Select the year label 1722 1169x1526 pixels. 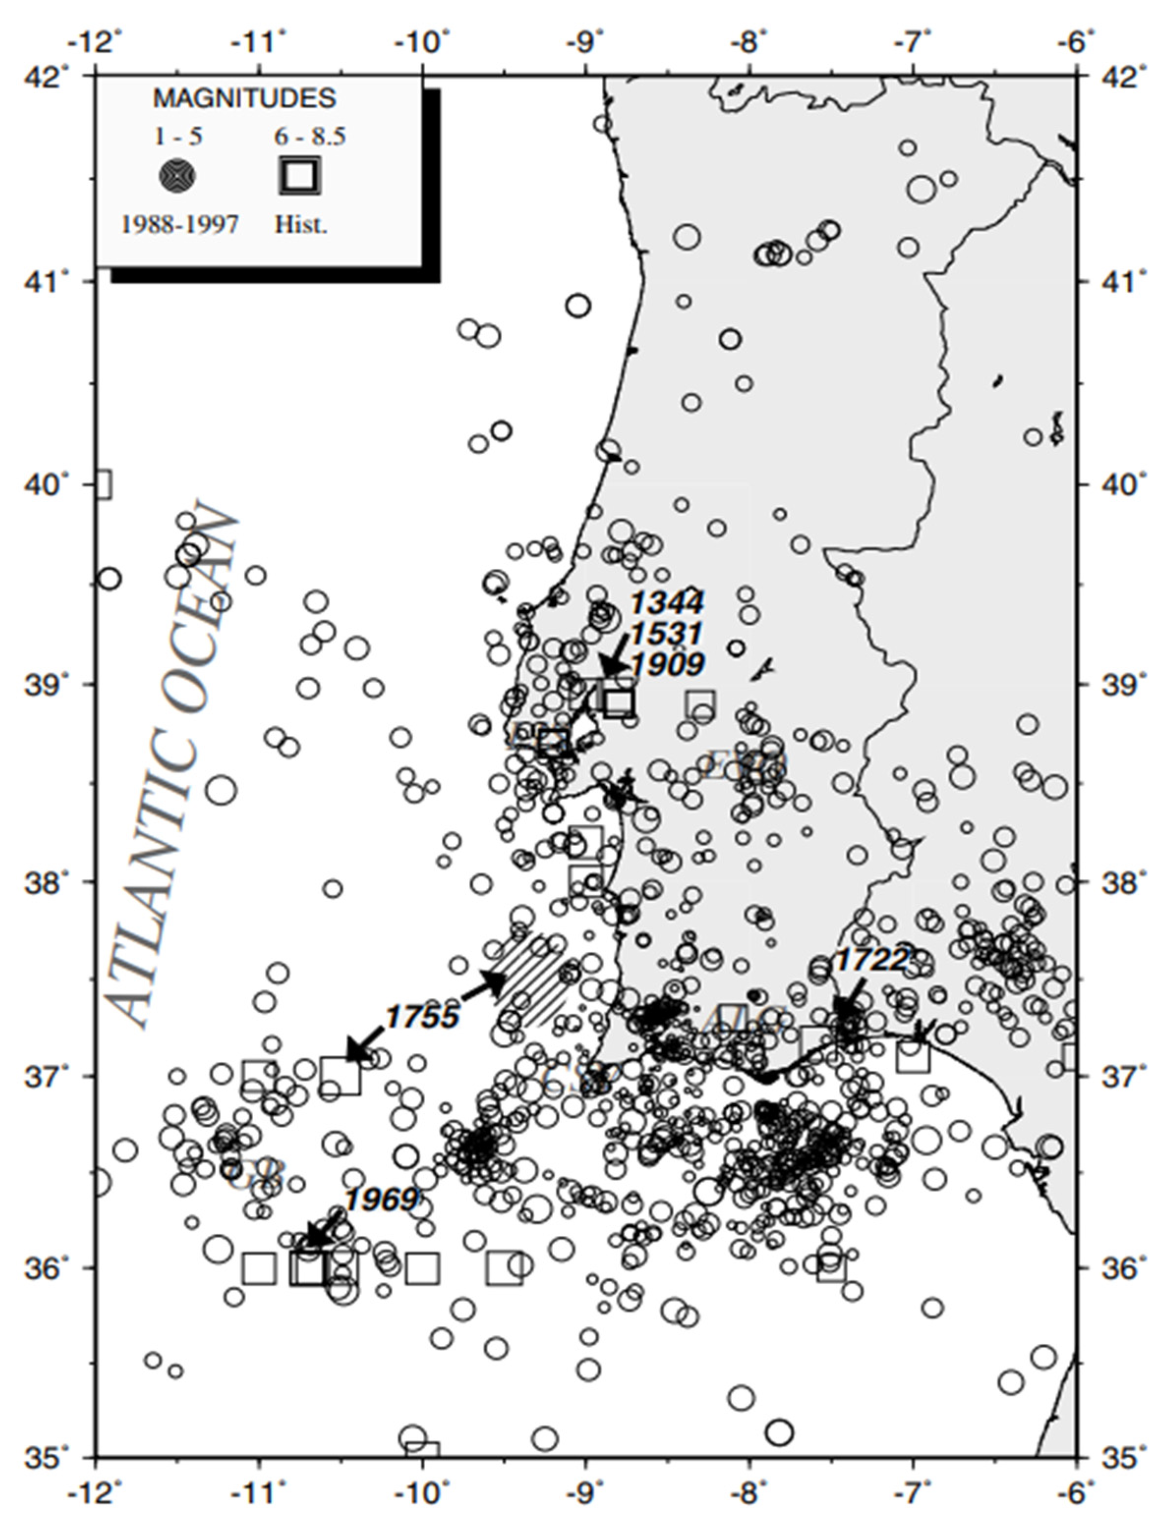pyautogui.click(x=871, y=961)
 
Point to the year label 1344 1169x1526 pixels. pyautogui.click(x=667, y=602)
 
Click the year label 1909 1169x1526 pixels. pyautogui.click(x=667, y=665)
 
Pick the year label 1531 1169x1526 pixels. pyautogui.click(x=667, y=634)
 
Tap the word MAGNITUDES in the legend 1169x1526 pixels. pyautogui.click(x=244, y=99)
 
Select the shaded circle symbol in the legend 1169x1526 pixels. pyautogui.click(x=177, y=177)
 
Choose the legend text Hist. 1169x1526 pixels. pyautogui.click(x=301, y=224)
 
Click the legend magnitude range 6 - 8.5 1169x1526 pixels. pyautogui.click(x=310, y=137)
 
